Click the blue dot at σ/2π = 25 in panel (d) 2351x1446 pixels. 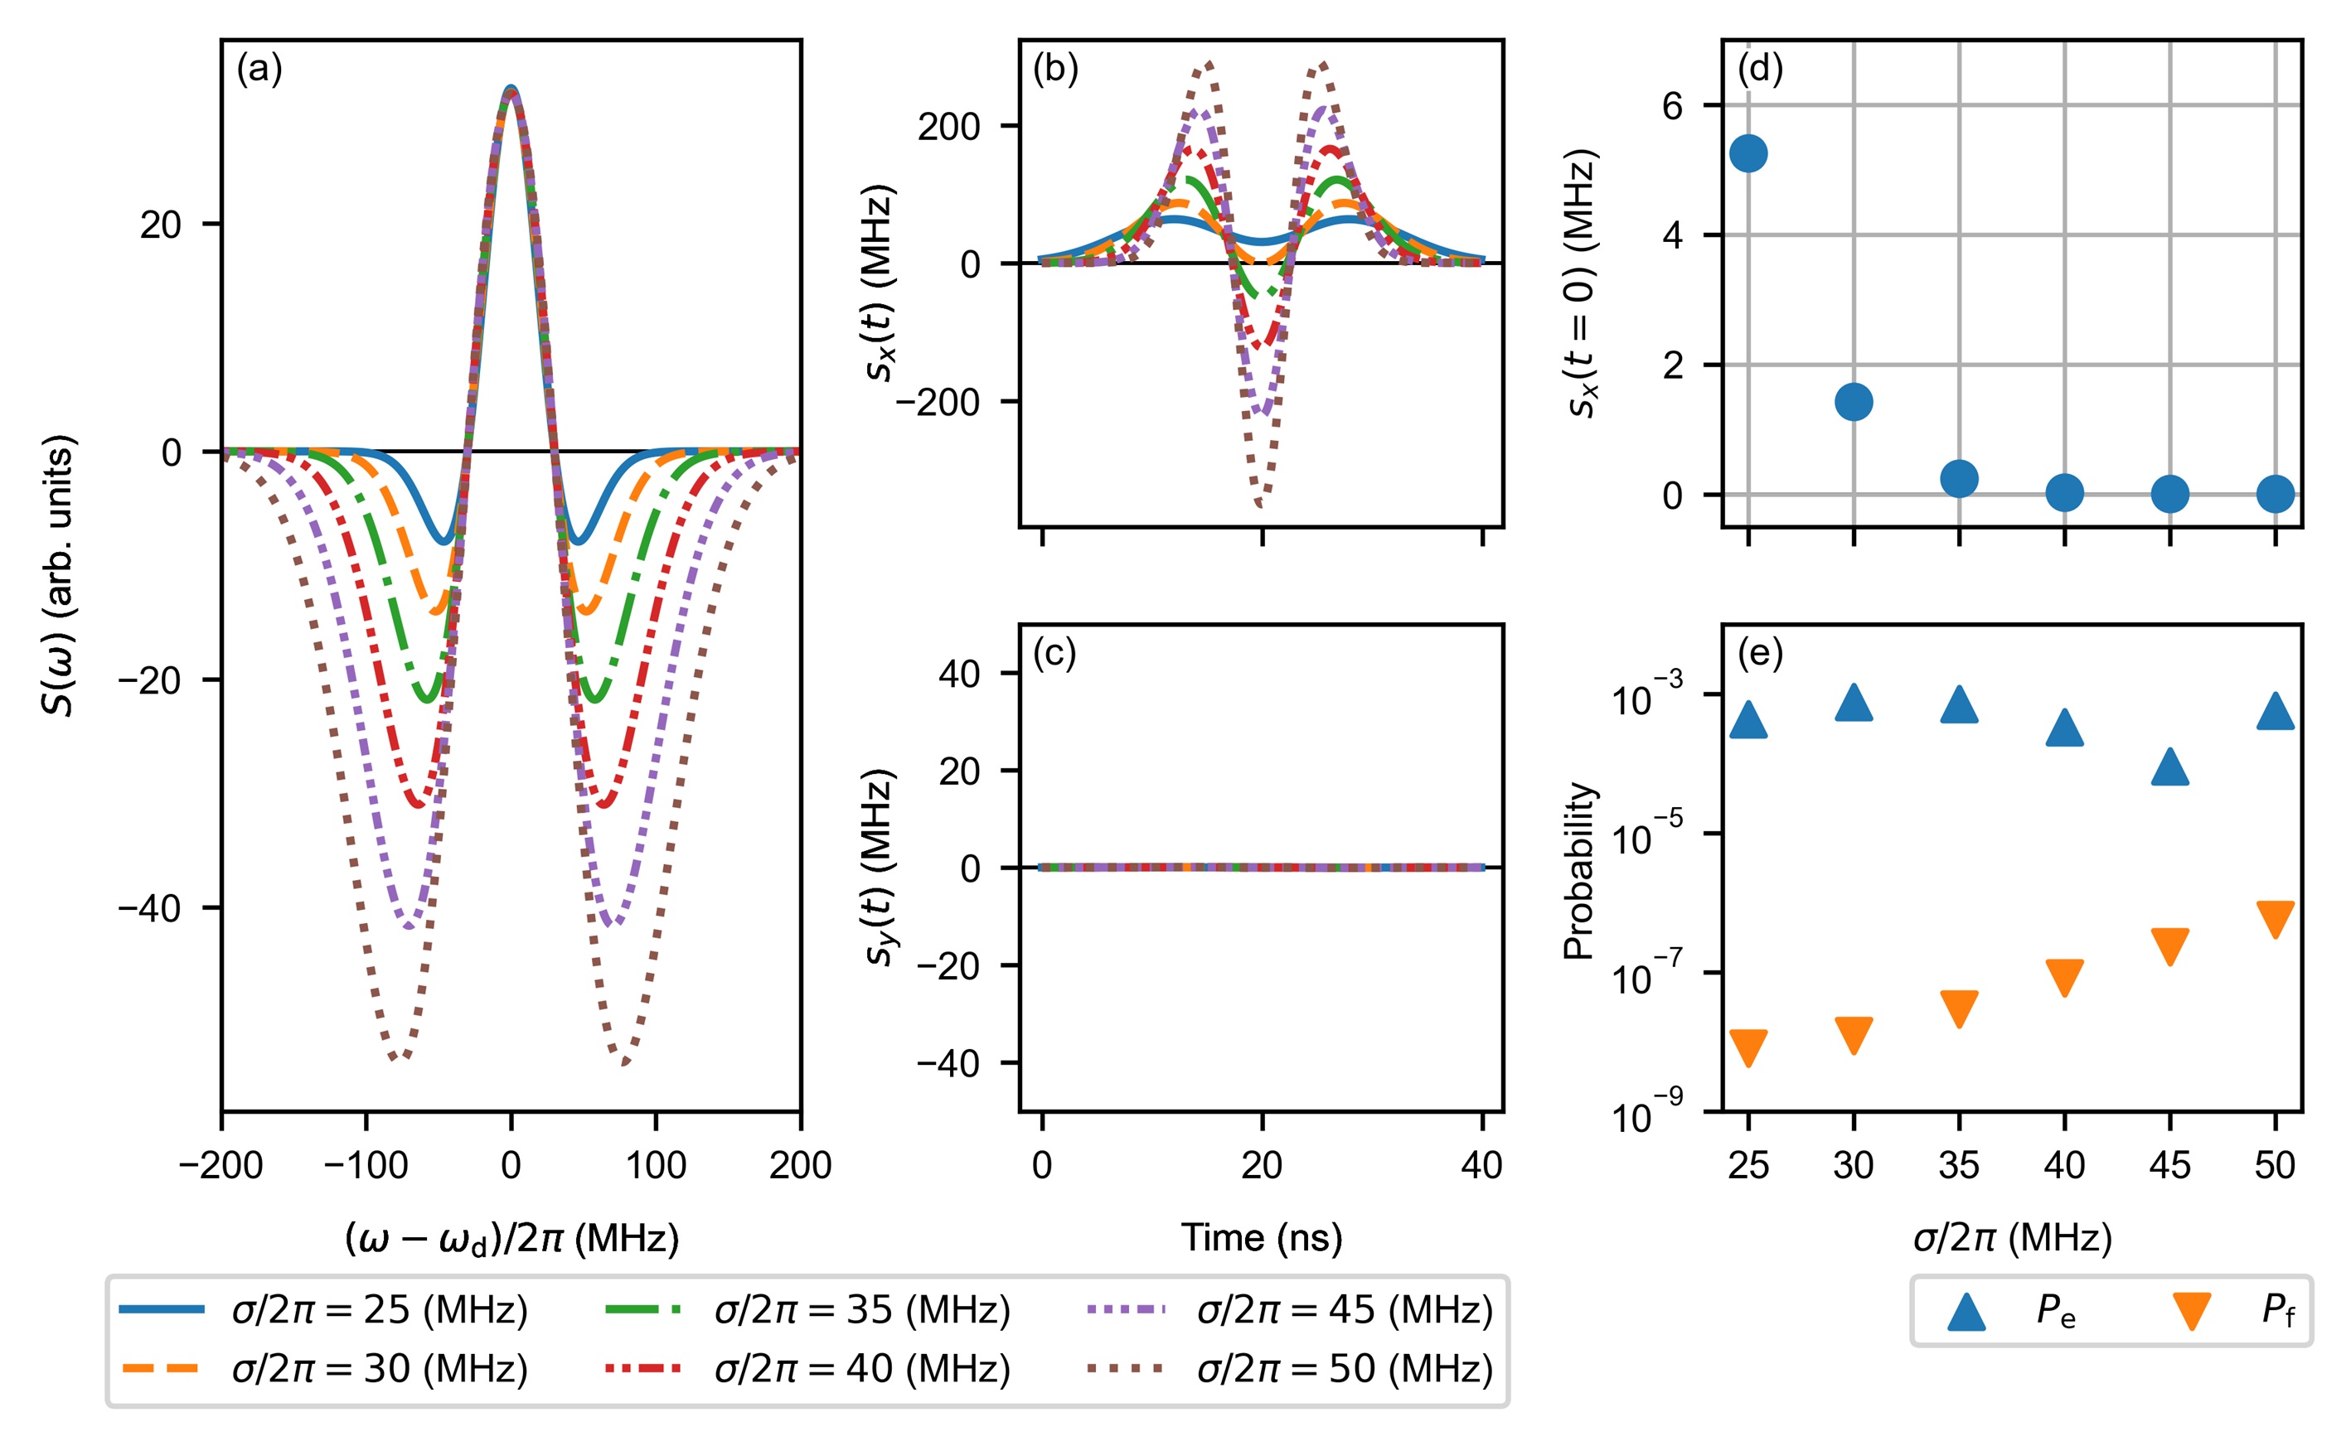[1748, 153]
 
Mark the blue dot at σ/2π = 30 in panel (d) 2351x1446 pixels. [1854, 402]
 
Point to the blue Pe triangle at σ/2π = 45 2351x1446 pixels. [2170, 767]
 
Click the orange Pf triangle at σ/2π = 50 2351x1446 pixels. [2276, 918]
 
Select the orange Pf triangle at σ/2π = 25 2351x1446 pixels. [1748, 1048]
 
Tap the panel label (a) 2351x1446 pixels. [259, 70]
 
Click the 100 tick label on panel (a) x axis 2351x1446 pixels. [655, 1166]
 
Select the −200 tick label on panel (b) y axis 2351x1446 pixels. [938, 403]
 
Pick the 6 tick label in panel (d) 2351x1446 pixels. [1673, 105]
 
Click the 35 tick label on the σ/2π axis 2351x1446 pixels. [1959, 1166]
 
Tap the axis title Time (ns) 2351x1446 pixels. [1262, 1239]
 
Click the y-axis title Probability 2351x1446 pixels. [1579, 870]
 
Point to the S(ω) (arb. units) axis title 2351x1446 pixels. [60, 576]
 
